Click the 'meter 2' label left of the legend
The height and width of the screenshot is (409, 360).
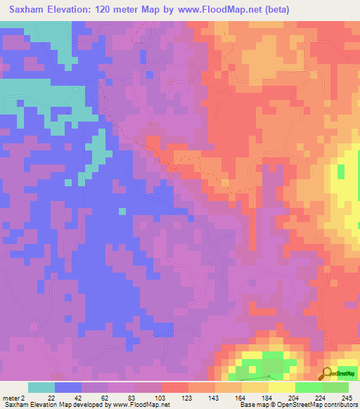pos(13,397)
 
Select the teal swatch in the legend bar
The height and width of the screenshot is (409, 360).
pos(41,387)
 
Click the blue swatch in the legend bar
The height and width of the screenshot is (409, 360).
pos(68,387)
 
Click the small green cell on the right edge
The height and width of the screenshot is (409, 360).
pos(342,171)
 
